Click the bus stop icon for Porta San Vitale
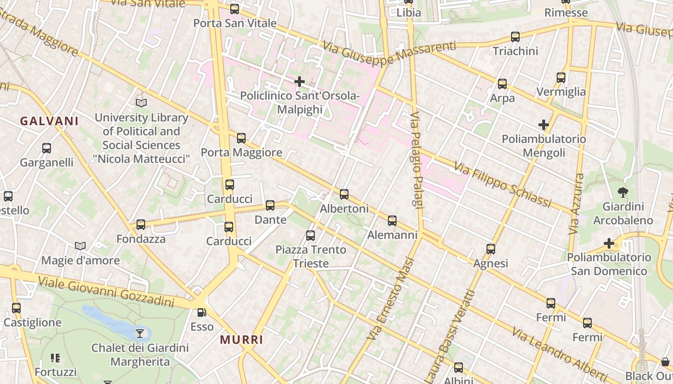235,9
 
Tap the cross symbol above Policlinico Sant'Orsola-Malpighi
299,81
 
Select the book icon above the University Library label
141,103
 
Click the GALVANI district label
49,121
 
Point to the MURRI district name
242,340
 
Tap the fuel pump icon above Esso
202,312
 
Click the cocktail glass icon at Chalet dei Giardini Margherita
140,333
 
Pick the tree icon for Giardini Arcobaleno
623,193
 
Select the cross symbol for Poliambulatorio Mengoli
544,125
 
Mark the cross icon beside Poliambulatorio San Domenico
609,243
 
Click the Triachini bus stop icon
515,36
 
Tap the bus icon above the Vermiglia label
561,77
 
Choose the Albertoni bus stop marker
344,194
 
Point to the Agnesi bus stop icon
491,249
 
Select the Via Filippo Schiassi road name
502,185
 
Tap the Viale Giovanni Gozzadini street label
106,291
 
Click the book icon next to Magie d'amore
80,246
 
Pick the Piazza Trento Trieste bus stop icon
311,236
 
